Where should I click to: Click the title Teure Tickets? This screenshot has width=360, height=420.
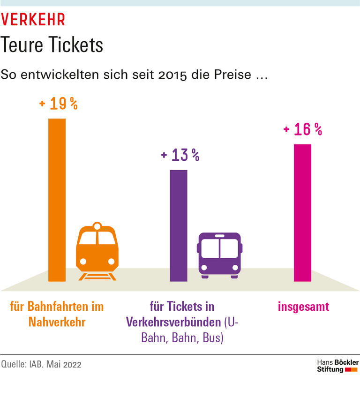52,45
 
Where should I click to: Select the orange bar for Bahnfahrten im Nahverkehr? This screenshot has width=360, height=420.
57,200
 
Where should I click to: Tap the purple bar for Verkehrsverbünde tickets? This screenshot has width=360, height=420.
178,225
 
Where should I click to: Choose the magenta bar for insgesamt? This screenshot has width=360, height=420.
302,213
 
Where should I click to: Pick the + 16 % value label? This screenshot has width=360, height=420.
303,130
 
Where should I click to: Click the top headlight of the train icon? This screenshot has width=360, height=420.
97,226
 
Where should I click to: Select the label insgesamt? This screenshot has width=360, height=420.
303,307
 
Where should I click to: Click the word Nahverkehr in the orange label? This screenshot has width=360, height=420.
57,322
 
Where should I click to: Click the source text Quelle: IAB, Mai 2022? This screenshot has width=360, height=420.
41,364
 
